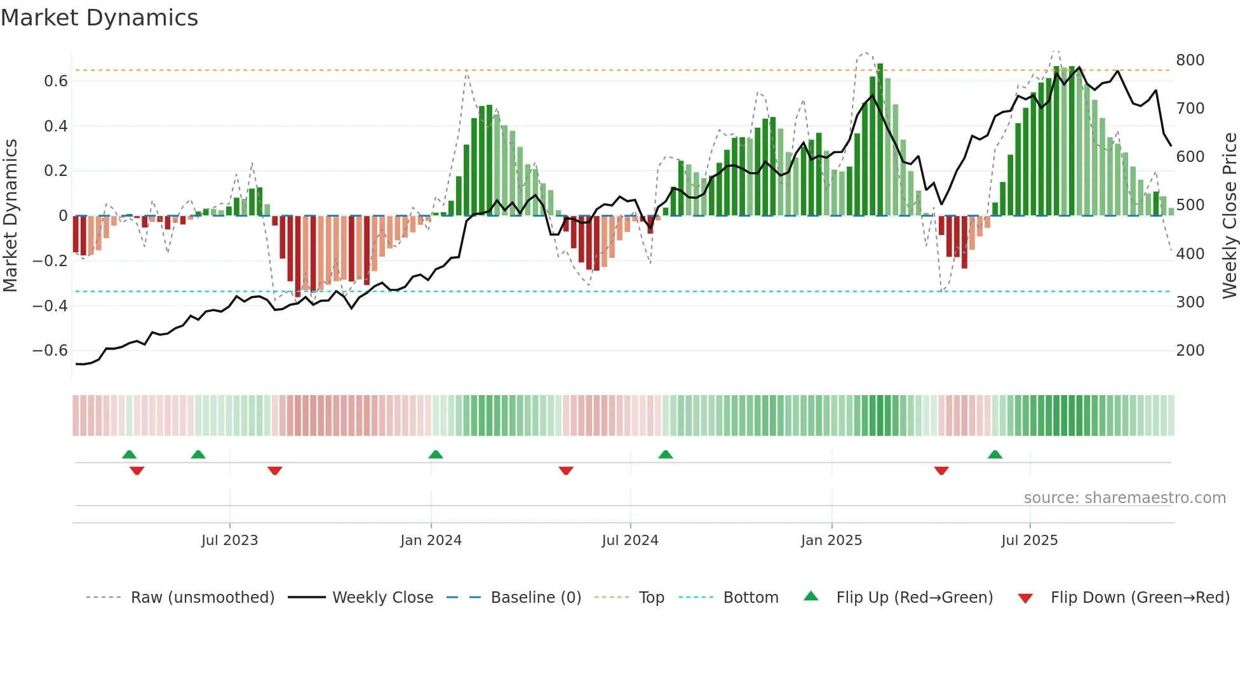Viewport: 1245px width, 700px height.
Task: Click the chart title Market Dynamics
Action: (99, 18)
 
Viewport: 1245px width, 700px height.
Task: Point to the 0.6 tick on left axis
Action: (56, 81)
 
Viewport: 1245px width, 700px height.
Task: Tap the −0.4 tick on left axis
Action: (50, 306)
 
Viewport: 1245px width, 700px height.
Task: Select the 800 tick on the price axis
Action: (1190, 60)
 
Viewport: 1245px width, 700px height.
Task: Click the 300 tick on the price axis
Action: (1190, 302)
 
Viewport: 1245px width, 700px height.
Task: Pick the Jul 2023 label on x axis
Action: (229, 541)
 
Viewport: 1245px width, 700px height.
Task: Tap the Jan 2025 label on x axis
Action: (831, 541)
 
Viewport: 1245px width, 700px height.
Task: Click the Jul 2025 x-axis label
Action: (1029, 541)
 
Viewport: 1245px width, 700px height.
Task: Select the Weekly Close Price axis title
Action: (1230, 216)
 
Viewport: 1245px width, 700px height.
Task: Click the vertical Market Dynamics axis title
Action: (11, 216)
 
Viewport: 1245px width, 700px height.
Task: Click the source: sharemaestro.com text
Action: (1124, 498)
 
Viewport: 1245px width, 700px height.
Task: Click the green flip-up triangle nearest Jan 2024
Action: (435, 455)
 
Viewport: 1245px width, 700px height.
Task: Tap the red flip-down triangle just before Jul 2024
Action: (565, 471)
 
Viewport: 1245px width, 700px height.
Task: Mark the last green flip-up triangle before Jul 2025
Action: (995, 455)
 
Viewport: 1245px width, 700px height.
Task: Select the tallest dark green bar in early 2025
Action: (880, 140)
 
